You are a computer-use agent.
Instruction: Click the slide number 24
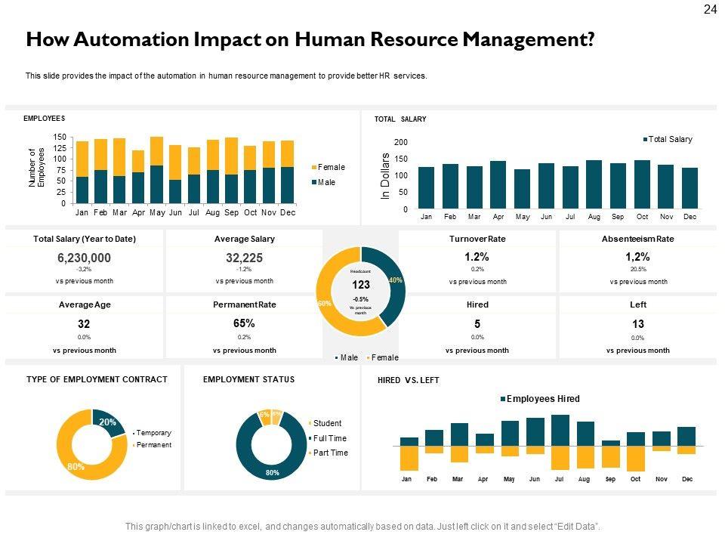coord(710,10)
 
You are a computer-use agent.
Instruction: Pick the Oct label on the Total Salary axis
coord(642,217)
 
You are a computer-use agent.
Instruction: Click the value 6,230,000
coord(84,258)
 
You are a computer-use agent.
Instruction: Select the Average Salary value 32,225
coord(244,258)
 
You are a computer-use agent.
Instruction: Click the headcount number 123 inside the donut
coord(360,286)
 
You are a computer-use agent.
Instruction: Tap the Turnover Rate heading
coord(477,239)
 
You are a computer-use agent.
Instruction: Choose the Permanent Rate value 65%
coord(244,323)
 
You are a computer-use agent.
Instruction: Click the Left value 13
coord(637,323)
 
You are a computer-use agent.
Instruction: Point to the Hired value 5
coord(477,323)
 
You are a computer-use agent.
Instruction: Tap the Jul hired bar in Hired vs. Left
coord(560,431)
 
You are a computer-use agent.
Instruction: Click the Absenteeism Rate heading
coord(638,239)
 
